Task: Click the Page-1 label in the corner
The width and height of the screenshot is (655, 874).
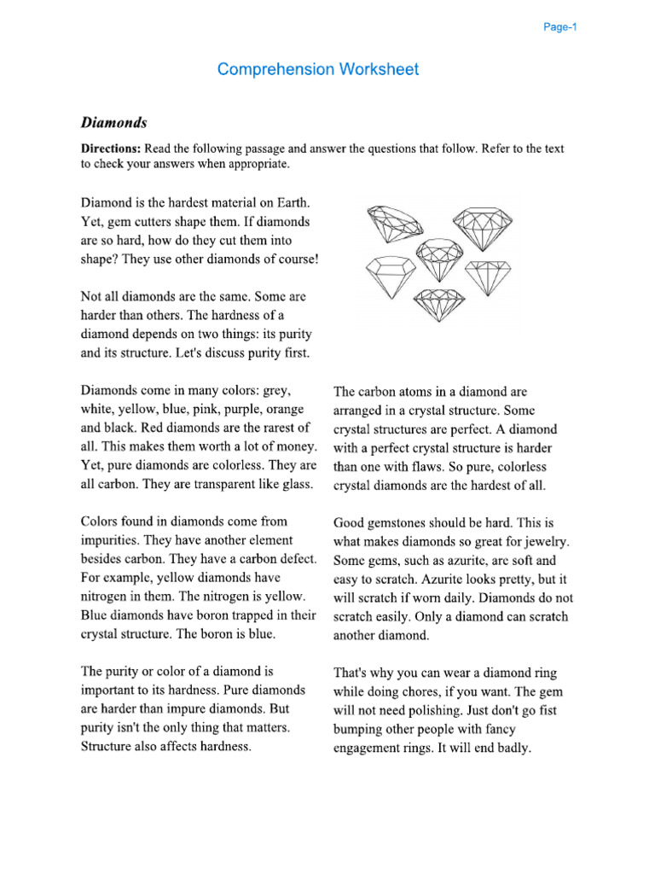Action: point(560,27)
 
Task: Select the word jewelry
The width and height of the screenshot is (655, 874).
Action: point(544,542)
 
